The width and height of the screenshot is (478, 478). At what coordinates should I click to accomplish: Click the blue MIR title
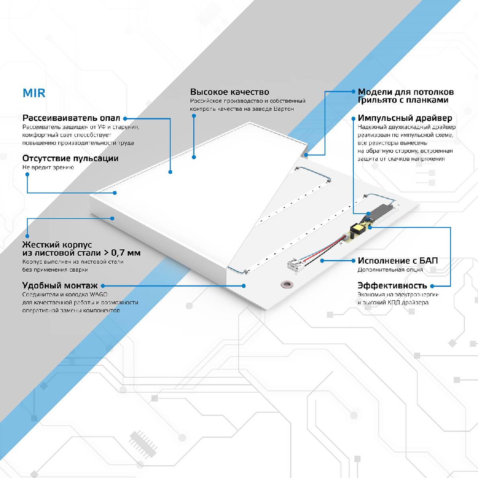coord(34,93)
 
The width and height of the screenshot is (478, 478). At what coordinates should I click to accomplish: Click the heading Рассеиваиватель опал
coord(71,118)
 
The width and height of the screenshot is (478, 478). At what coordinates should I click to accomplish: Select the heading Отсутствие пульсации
coord(70,158)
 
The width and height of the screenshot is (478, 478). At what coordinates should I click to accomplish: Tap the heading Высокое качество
coord(229,92)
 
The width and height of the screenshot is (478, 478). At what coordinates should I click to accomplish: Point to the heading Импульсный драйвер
coord(405,118)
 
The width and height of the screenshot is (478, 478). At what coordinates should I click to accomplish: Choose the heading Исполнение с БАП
coord(398,261)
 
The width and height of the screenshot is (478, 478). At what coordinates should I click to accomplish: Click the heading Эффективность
coord(392,286)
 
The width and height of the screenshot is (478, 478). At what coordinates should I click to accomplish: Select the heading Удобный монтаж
coord(60,286)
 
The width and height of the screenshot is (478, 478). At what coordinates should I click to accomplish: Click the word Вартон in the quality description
coord(284,109)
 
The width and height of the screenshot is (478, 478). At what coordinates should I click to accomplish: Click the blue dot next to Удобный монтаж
coord(103,286)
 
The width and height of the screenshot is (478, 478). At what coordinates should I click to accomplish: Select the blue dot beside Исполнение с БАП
coord(353,261)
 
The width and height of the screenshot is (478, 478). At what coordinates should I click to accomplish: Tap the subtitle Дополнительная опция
coord(390,270)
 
